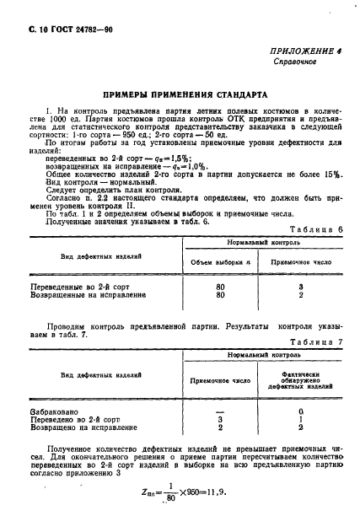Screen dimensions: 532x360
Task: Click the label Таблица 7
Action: pos(315,342)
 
